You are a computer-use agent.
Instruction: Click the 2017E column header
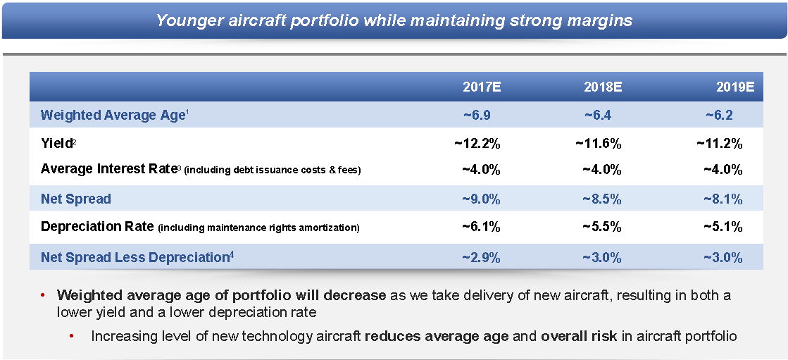[x=481, y=88]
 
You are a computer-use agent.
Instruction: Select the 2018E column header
[x=602, y=88]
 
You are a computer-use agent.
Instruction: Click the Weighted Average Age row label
[x=113, y=116]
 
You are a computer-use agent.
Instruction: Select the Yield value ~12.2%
[x=477, y=144]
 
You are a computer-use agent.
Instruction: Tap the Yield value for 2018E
[x=599, y=144]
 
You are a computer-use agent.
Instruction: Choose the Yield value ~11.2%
[x=720, y=144]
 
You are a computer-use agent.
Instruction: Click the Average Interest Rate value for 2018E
[x=602, y=170]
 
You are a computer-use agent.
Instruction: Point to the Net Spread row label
[x=76, y=199]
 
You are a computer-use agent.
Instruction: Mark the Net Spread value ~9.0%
[x=481, y=199]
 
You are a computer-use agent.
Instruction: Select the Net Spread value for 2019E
[x=723, y=199]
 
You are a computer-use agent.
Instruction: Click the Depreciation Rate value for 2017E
[x=481, y=228]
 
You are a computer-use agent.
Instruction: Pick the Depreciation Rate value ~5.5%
[x=602, y=228]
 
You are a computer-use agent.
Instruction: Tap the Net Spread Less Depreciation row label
[x=136, y=258]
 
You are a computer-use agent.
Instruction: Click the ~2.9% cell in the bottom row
[x=481, y=258]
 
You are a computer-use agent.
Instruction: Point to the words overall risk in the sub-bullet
[x=579, y=336]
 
